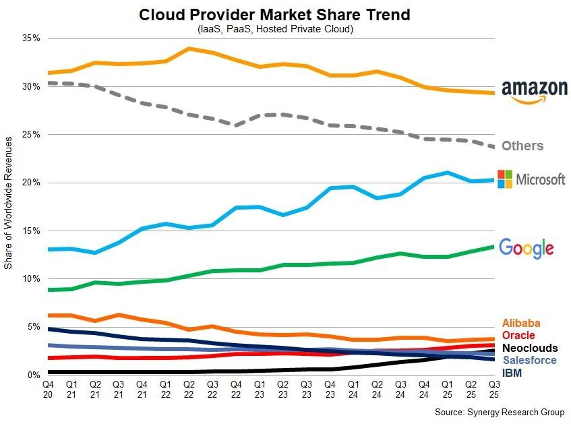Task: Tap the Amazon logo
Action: [x=534, y=92]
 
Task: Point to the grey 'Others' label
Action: [x=522, y=146]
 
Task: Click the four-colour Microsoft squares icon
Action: [x=505, y=179]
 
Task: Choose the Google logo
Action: [x=526, y=247]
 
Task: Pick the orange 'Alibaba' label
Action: [x=521, y=324]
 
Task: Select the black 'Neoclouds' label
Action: [x=530, y=348]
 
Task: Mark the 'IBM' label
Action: [x=512, y=372]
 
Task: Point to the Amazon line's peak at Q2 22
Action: [x=189, y=49]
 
